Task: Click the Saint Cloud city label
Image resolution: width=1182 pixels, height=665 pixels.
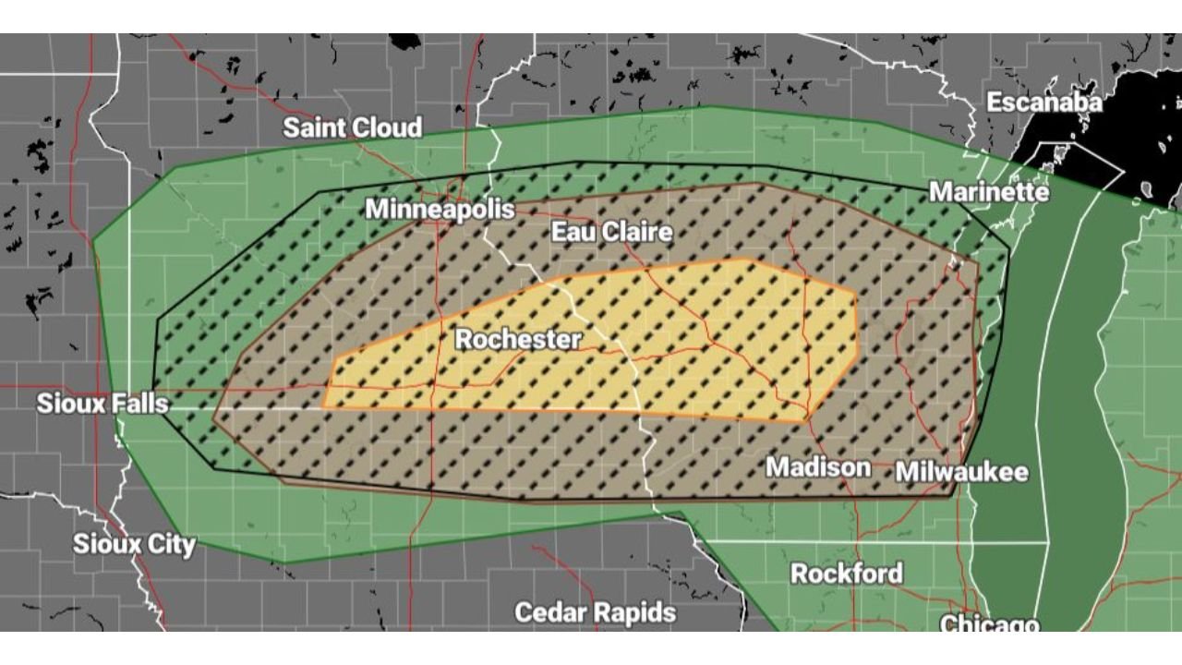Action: coord(352,127)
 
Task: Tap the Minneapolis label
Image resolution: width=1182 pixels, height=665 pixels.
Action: coord(440,209)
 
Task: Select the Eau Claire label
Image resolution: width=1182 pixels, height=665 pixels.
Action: coord(611,231)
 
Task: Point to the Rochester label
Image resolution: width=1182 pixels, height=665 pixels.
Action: coord(518,339)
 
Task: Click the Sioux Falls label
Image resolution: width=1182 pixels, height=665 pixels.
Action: coord(103,404)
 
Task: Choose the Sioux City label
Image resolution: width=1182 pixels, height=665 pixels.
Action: coord(134,544)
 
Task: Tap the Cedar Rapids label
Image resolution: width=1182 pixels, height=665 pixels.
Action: coord(595,612)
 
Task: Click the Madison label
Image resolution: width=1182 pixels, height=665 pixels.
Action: coord(818,466)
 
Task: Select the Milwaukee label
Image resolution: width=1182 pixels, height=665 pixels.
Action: coord(961,471)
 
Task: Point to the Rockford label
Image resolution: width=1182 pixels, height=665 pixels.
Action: coord(847,574)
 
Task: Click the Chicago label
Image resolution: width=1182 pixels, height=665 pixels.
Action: coord(989,623)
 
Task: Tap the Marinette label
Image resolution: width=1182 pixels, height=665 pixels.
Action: coord(988,191)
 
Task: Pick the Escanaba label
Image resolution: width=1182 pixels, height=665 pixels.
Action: coord(1043,102)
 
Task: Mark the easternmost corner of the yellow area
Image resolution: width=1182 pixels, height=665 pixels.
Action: coord(860,352)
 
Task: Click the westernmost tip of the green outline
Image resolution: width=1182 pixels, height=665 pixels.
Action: coord(92,242)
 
